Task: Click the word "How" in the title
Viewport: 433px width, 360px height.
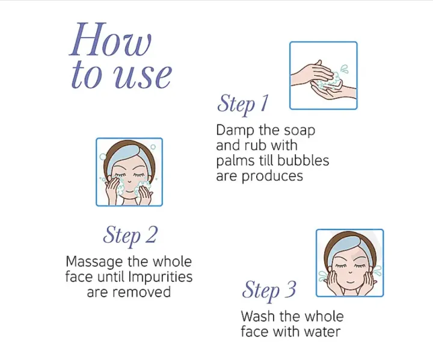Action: click(111, 40)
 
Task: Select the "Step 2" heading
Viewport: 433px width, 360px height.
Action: click(130, 235)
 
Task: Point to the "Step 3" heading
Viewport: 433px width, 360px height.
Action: click(269, 290)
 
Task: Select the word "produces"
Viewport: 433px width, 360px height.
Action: click(272, 176)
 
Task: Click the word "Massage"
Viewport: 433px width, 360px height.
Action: click(94, 262)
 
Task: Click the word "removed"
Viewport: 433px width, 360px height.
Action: click(142, 292)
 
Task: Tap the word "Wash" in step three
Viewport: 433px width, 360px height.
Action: click(257, 316)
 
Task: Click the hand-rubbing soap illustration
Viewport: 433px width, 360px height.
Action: click(324, 75)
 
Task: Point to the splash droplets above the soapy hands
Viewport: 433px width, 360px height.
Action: click(345, 69)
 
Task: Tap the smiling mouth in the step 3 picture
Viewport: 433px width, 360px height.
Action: click(350, 282)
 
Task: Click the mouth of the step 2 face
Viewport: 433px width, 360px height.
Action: click(129, 191)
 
